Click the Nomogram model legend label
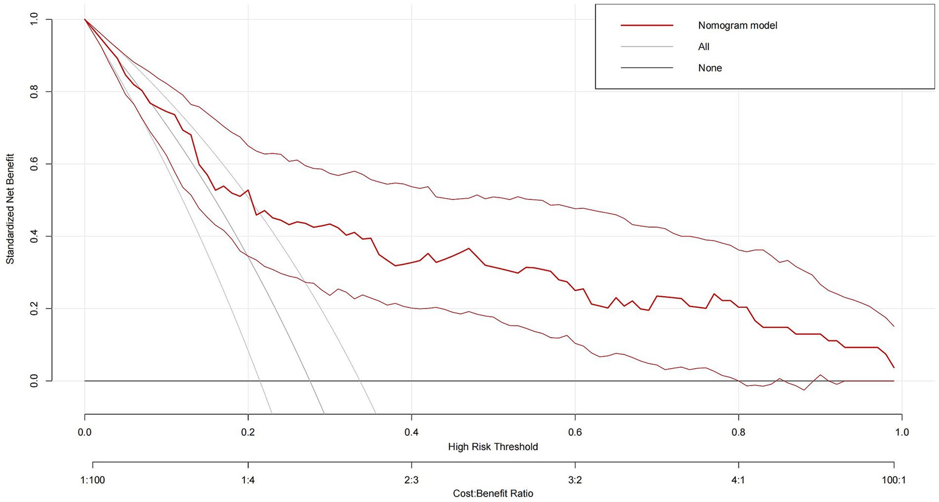pyautogui.click(x=737, y=25)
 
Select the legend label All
pyautogui.click(x=704, y=47)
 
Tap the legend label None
pyautogui.click(x=709, y=68)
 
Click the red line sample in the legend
pyautogui.click(x=647, y=25)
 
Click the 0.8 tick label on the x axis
pyautogui.click(x=738, y=432)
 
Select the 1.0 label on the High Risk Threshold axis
pyautogui.click(x=901, y=432)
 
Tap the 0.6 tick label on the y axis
pyautogui.click(x=34, y=164)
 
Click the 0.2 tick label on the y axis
pyautogui.click(x=34, y=309)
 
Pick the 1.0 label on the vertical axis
pyautogui.click(x=34, y=19)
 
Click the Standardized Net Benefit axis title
pyautogui.click(x=10, y=209)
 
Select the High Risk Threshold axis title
pyautogui.click(x=493, y=447)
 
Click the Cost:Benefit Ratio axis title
pyautogui.click(x=493, y=493)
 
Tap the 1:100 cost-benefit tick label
pyautogui.click(x=93, y=480)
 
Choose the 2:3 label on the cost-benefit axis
pyautogui.click(x=411, y=480)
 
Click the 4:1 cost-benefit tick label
pyautogui.click(x=738, y=480)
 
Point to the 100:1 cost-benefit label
pyautogui.click(x=894, y=480)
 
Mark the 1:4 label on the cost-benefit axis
pyautogui.click(x=248, y=480)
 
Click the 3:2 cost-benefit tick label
pyautogui.click(x=575, y=480)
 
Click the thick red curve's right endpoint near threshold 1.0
pyautogui.click(x=894, y=367)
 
